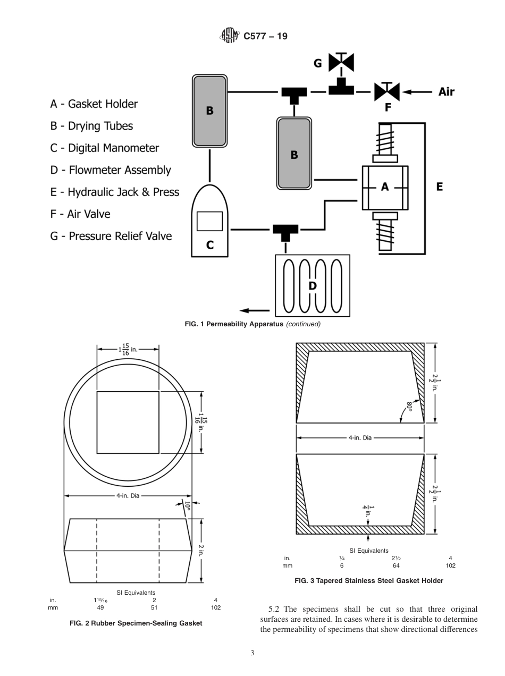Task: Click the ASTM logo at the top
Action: point(229,36)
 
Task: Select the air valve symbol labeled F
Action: point(388,91)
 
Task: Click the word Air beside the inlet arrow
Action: point(446,91)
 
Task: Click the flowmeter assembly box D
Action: point(313,285)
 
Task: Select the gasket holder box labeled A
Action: point(385,187)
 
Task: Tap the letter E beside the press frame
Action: point(440,187)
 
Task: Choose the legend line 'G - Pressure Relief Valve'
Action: point(111,236)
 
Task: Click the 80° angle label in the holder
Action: point(409,408)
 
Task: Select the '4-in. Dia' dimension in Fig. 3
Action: point(360,438)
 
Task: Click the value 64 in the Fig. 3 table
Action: point(396,565)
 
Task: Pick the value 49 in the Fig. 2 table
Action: point(100,607)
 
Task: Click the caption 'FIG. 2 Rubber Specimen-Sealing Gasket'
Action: point(136,623)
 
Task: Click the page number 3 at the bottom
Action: point(252,653)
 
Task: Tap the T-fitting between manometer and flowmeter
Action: point(285,232)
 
